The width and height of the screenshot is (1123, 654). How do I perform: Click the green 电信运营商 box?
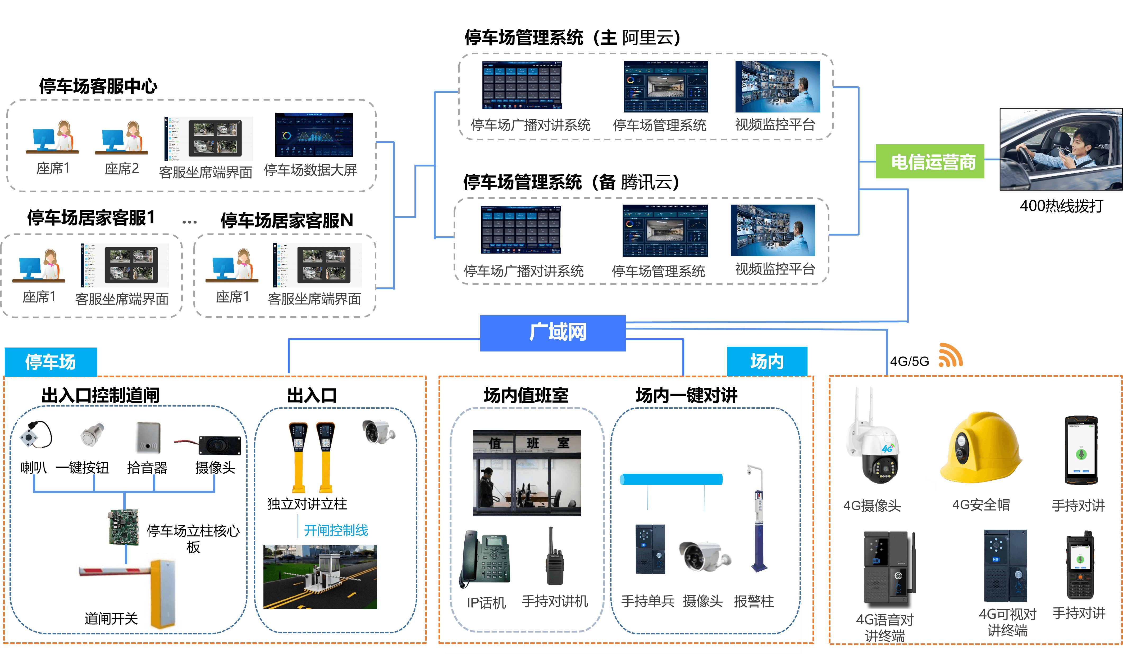(x=930, y=161)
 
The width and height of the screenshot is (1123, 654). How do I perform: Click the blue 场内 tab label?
(x=766, y=361)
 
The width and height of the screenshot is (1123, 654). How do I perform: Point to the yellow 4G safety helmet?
(x=980, y=448)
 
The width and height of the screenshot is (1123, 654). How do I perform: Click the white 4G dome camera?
(x=872, y=437)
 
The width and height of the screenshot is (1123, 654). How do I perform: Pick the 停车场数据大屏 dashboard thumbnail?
(x=314, y=135)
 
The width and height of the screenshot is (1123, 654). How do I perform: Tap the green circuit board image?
(x=124, y=527)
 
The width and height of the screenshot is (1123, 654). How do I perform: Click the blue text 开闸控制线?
(x=336, y=530)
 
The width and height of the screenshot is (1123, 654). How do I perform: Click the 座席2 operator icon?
(x=121, y=137)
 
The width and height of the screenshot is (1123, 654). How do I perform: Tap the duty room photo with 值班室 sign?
(x=527, y=472)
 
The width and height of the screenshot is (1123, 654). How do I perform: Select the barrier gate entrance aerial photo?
(x=320, y=577)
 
